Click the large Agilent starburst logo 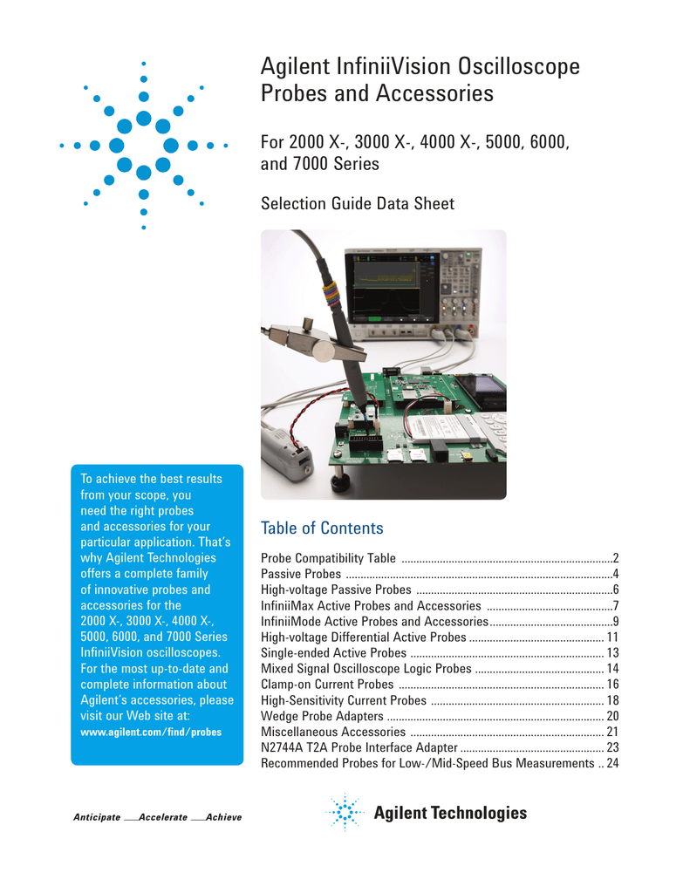[144, 145]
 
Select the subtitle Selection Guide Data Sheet [358, 204]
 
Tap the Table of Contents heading [322, 528]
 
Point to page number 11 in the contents [611, 637]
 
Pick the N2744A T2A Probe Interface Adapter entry [359, 747]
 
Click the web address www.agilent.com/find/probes [150, 732]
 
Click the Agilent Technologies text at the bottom [450, 814]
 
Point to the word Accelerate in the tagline [163, 817]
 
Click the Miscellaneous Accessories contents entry [333, 732]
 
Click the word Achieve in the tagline [222, 817]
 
